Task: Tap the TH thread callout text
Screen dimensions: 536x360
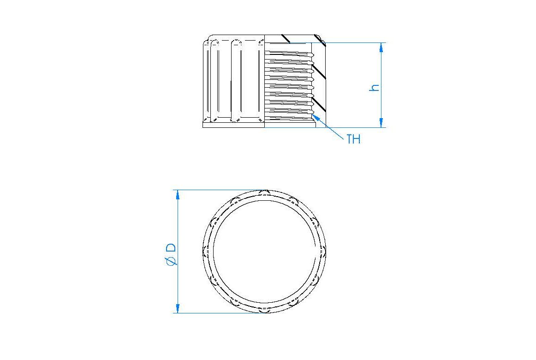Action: tap(353, 139)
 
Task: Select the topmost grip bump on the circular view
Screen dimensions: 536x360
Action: tap(264, 192)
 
